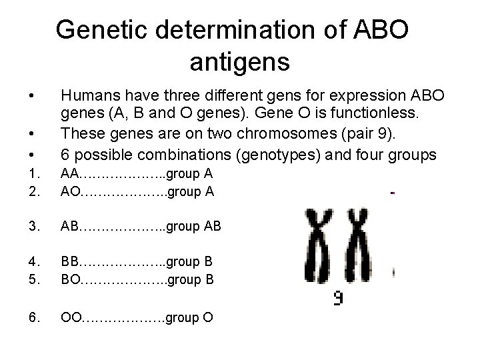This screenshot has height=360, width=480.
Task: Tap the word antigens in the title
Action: tap(239, 62)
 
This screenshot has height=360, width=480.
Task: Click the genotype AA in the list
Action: tap(70, 175)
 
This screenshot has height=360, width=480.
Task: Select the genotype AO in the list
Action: tap(70, 192)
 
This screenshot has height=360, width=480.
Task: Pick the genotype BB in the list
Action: tap(70, 262)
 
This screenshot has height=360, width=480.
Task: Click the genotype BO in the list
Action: tap(70, 279)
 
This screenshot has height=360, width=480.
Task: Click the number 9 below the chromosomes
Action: tap(339, 299)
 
